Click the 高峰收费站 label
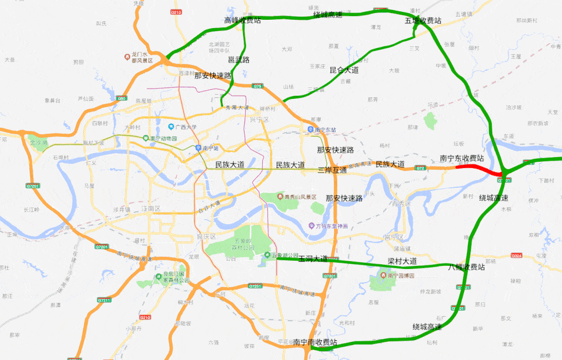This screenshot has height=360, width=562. click(242, 21)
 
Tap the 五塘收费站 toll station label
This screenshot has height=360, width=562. click(423, 21)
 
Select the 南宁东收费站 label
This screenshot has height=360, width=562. click(462, 158)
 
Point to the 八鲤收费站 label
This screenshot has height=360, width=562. click(467, 267)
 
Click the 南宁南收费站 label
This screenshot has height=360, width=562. click(315, 342)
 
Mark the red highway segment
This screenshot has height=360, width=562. click(479, 168)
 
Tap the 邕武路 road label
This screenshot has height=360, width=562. click(239, 60)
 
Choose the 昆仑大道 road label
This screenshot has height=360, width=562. click(344, 70)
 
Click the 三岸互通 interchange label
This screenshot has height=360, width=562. click(332, 170)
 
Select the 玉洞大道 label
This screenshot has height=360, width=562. click(313, 259)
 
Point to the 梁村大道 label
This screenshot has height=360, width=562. click(402, 261)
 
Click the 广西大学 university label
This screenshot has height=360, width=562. click(185, 127)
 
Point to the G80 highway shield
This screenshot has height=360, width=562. click(122, 98)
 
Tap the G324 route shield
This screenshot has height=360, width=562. click(516, 255)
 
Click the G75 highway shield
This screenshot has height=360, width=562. click(258, 86)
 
